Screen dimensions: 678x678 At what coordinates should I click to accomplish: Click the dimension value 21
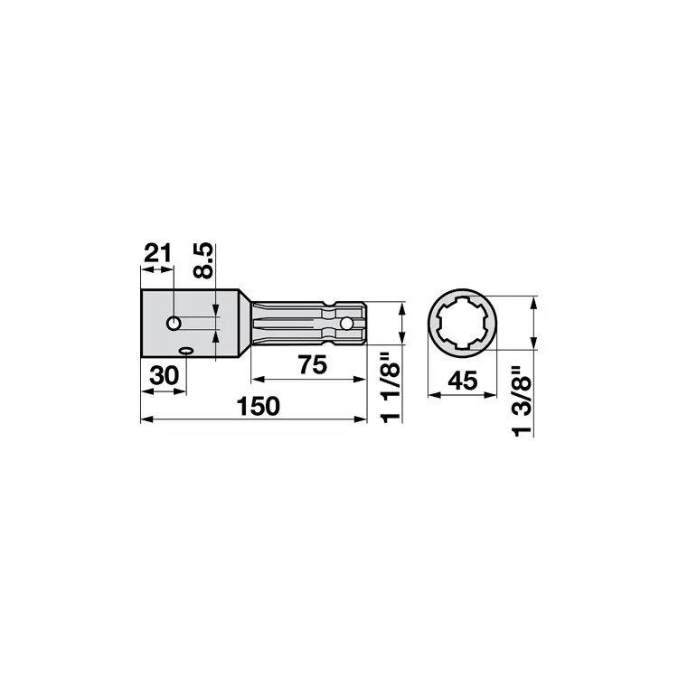click(x=157, y=252)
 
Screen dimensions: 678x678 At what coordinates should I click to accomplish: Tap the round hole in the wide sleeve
click(x=174, y=322)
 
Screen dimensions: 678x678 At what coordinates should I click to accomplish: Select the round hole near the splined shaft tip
click(x=344, y=323)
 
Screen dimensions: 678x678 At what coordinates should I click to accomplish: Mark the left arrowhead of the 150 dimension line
click(x=146, y=418)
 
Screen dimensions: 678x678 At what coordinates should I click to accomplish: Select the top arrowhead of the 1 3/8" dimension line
click(x=532, y=301)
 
